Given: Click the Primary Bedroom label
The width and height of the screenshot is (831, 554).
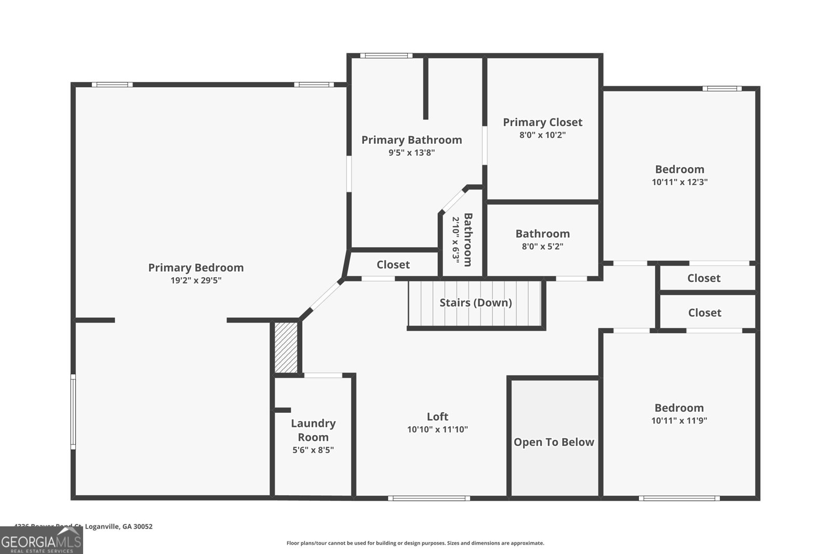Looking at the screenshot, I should click(196, 267).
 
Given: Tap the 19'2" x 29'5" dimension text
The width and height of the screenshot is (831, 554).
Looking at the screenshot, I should click(196, 280).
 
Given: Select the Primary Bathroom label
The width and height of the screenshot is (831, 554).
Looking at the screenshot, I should click(411, 140).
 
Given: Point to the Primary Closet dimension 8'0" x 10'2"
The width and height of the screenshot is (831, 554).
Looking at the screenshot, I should click(542, 135).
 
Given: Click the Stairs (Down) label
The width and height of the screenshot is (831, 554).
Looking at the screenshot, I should click(475, 302).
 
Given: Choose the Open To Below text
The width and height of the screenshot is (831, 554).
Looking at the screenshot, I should click(554, 442).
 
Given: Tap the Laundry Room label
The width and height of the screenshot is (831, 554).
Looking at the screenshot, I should click(313, 430).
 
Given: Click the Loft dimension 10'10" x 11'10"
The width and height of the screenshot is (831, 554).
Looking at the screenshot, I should click(437, 429).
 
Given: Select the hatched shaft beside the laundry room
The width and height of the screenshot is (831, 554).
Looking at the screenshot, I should click(286, 347).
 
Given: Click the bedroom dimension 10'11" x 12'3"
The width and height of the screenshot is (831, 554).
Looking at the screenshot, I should click(679, 182).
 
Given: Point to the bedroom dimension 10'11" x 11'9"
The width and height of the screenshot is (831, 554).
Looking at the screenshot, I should click(679, 421).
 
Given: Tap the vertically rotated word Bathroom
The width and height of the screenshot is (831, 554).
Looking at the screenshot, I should click(467, 239).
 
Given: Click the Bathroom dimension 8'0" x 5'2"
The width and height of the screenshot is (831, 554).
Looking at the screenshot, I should click(542, 247).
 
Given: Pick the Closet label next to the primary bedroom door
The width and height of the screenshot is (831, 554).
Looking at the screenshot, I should click(393, 265).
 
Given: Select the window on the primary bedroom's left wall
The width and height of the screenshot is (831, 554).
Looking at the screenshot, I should click(73, 411).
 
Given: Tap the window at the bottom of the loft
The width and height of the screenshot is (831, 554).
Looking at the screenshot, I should click(429, 498).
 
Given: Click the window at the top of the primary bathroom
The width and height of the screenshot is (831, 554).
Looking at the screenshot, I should click(386, 56).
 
